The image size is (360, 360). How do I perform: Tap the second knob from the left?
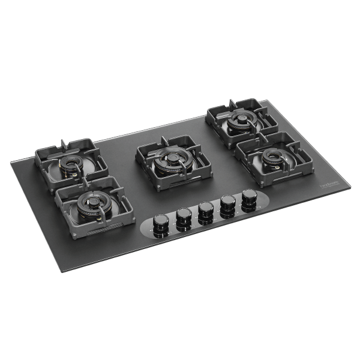(184, 217)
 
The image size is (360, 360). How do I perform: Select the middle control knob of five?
(206, 210)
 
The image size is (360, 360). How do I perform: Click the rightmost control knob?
(248, 197)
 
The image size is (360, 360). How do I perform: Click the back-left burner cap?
(72, 164)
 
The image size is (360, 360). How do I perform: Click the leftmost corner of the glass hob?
(11, 161)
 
